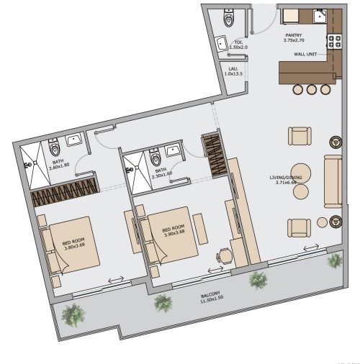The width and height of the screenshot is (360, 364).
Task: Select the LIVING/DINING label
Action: pos(286,180)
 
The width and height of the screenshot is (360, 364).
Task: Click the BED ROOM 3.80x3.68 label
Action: pos(72,244)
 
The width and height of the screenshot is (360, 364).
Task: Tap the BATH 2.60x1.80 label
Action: pos(59,164)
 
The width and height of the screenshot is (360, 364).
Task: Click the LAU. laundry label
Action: pos(230,72)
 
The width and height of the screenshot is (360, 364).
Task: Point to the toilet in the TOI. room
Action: pos(230,18)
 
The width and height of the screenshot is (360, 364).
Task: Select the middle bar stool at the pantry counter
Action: pos(312,89)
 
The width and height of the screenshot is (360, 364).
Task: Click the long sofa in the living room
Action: pos(332,180)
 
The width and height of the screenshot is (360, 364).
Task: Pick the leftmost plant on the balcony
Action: pos(72,314)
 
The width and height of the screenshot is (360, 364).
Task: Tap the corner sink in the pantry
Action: pos(320,18)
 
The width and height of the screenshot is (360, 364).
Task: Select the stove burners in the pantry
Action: pos(334,42)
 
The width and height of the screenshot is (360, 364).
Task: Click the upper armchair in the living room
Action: pos(299,136)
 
